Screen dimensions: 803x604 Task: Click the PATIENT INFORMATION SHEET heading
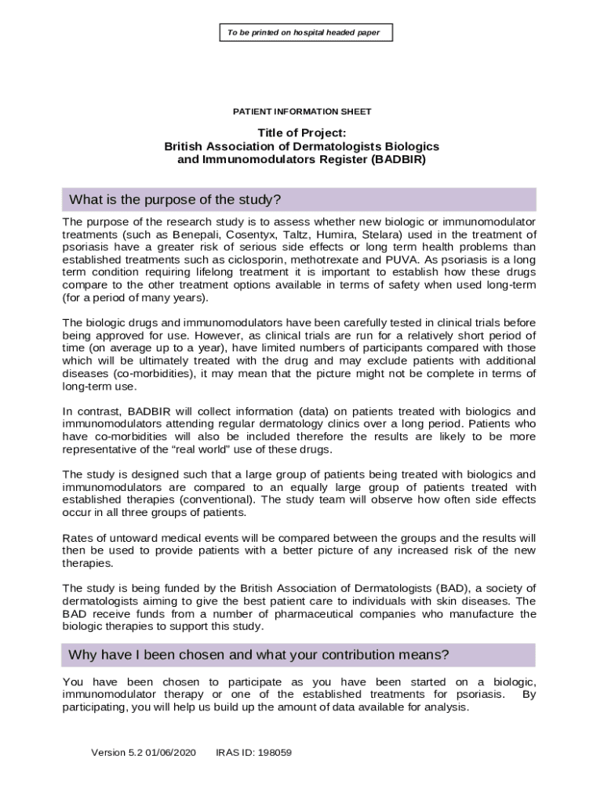[302, 112]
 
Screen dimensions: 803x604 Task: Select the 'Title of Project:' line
[302, 133]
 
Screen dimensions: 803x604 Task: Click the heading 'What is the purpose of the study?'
[175, 199]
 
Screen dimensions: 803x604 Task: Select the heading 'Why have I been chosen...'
[259, 655]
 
